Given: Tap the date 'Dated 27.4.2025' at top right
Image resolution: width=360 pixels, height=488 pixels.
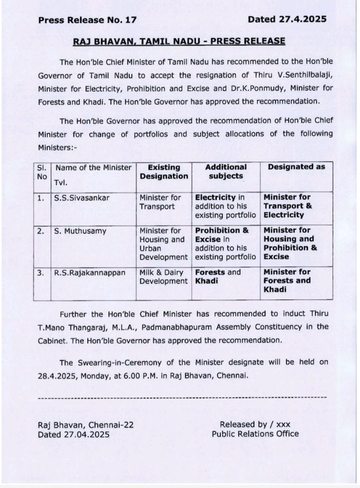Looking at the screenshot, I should coord(287,20).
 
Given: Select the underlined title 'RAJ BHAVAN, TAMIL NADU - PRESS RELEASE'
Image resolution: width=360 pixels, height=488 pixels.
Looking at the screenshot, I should coord(179,41).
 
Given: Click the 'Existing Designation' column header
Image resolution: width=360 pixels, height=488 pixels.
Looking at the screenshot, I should coord(164,172).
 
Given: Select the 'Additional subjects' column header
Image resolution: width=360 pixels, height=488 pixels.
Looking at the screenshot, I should coord(226,172).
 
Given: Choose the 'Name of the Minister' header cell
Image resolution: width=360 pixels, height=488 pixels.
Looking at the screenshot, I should coord(93,167).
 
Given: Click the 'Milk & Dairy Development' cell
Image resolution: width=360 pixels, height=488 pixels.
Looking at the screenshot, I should coord(164,276).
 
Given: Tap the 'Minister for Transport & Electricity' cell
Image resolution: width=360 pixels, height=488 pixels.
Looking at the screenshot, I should coord(288,206).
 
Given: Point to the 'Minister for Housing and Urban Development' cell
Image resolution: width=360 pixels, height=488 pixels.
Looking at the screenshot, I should coord(164,244).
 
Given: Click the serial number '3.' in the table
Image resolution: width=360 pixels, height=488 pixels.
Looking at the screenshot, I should coord(41,272).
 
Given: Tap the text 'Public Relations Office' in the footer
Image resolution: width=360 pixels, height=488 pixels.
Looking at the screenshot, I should coord(255,434).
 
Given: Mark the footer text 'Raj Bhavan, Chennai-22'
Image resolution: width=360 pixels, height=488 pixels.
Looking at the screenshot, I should coord(86,425).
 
